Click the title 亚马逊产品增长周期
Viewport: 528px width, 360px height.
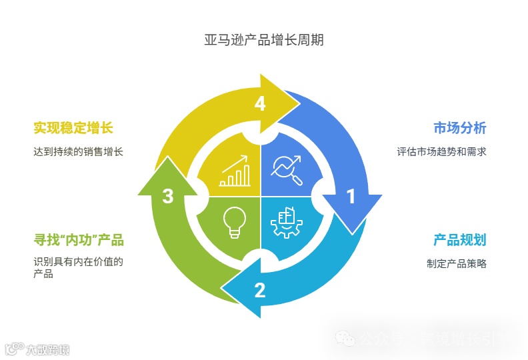click(x=264, y=40)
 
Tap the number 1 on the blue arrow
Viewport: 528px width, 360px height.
click(x=351, y=196)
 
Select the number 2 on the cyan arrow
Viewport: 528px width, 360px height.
click(x=260, y=290)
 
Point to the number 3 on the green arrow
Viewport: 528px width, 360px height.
click(x=168, y=196)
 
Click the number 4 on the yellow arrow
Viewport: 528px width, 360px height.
click(x=260, y=103)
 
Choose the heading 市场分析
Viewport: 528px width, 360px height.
click(x=459, y=128)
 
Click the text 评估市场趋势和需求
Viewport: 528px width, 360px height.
click(x=441, y=151)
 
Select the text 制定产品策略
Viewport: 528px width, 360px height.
click(x=457, y=263)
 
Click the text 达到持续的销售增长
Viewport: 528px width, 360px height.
click(x=79, y=151)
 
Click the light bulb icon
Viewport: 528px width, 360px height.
click(x=234, y=223)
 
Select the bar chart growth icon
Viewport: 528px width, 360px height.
click(x=234, y=171)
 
